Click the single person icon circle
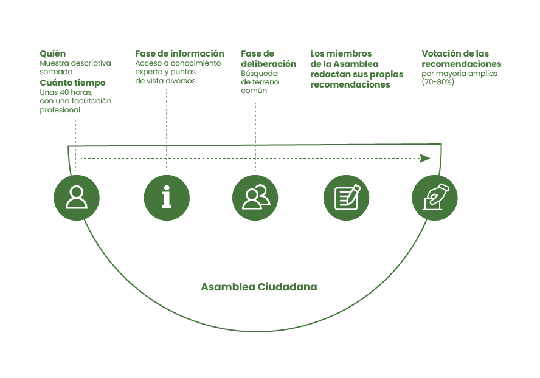coord(77,198)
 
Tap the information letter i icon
coord(167,198)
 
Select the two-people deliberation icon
coord(255,198)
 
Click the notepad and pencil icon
coord(346,198)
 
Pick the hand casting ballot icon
coord(435,198)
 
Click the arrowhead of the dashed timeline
coord(425,158)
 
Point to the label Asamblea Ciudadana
coord(258,287)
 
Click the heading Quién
coord(53,53)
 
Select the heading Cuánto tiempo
coord(72,83)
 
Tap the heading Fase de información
coord(179,53)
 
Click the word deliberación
coord(268,64)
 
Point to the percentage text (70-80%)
coord(438,82)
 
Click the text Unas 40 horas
coord(66,92)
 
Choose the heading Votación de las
coord(455,53)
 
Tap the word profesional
coord(60,111)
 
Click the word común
coord(254,91)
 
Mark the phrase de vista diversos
coord(165,81)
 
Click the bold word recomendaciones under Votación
coord(462,64)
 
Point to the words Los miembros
coord(341,53)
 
